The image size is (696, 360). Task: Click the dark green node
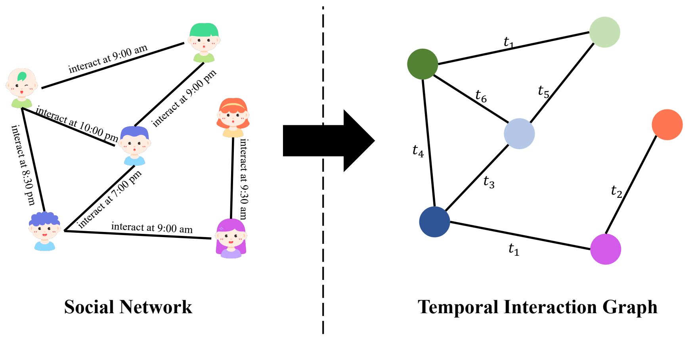[423, 64]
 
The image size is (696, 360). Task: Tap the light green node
[604, 32]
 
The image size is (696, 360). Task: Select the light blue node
[519, 134]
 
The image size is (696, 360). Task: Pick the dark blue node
[434, 222]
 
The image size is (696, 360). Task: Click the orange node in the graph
[667, 124]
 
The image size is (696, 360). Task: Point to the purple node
[606, 249]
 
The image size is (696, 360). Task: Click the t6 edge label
[481, 96]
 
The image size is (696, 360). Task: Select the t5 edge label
[543, 92]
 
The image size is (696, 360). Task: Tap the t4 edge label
[418, 151]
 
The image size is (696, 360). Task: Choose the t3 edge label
[489, 182]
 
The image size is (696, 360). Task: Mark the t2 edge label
[617, 191]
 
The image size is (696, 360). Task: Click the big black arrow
[329, 141]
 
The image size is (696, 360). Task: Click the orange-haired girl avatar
[233, 117]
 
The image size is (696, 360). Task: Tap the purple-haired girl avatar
[231, 238]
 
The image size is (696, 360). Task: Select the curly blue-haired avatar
[44, 231]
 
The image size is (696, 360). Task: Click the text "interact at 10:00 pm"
[76, 124]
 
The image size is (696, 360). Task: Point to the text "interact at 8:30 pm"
[23, 165]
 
